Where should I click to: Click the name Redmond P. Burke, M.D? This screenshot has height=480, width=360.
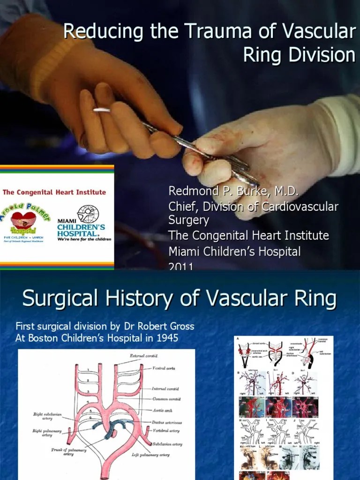tap(233, 192)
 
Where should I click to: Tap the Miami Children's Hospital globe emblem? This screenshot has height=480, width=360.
tap(88, 214)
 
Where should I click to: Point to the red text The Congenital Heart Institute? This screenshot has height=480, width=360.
tap(54, 192)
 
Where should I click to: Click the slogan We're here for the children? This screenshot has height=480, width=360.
tap(84, 239)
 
